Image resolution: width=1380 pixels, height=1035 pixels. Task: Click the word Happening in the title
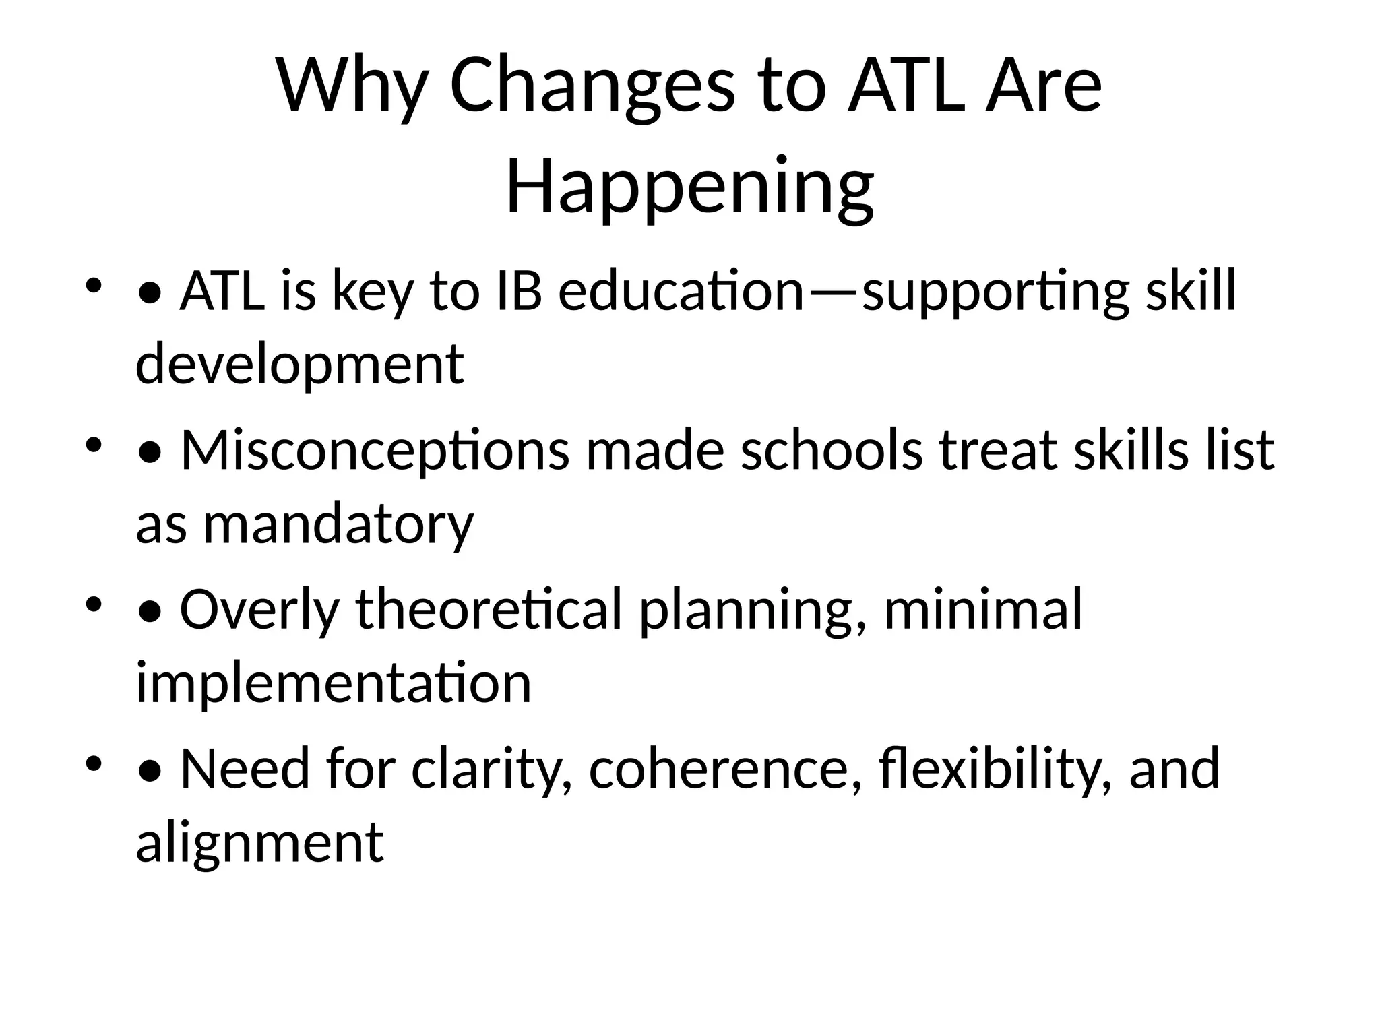pyautogui.click(x=690, y=187)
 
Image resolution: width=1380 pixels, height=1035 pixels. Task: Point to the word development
pyautogui.click(x=300, y=365)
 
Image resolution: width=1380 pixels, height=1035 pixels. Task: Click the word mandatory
pyautogui.click(x=338, y=524)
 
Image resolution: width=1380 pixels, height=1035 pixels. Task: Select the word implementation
pyautogui.click(x=334, y=683)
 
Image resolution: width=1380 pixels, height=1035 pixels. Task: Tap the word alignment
pyautogui.click(x=259, y=842)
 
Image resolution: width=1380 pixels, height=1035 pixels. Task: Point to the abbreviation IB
pyautogui.click(x=518, y=292)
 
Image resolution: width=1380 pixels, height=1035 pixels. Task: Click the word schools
pyautogui.click(x=832, y=451)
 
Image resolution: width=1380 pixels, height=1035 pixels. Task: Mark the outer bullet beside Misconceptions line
pyautogui.click(x=94, y=444)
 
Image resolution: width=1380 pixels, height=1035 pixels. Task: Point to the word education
pyautogui.click(x=681, y=292)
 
